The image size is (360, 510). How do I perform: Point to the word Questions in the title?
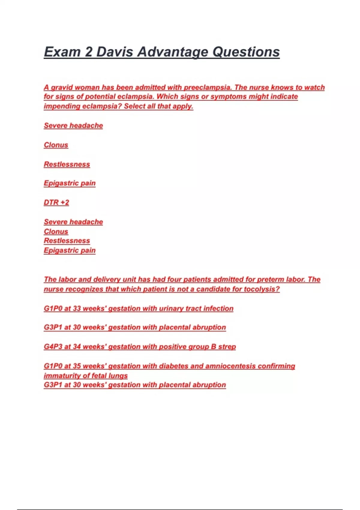pos(246,52)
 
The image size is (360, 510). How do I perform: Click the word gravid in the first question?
pos(61,88)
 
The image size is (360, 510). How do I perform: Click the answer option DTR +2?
pos(56,202)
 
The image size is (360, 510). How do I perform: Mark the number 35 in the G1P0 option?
pos(77,366)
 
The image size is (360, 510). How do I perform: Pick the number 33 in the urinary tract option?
pos(77,308)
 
